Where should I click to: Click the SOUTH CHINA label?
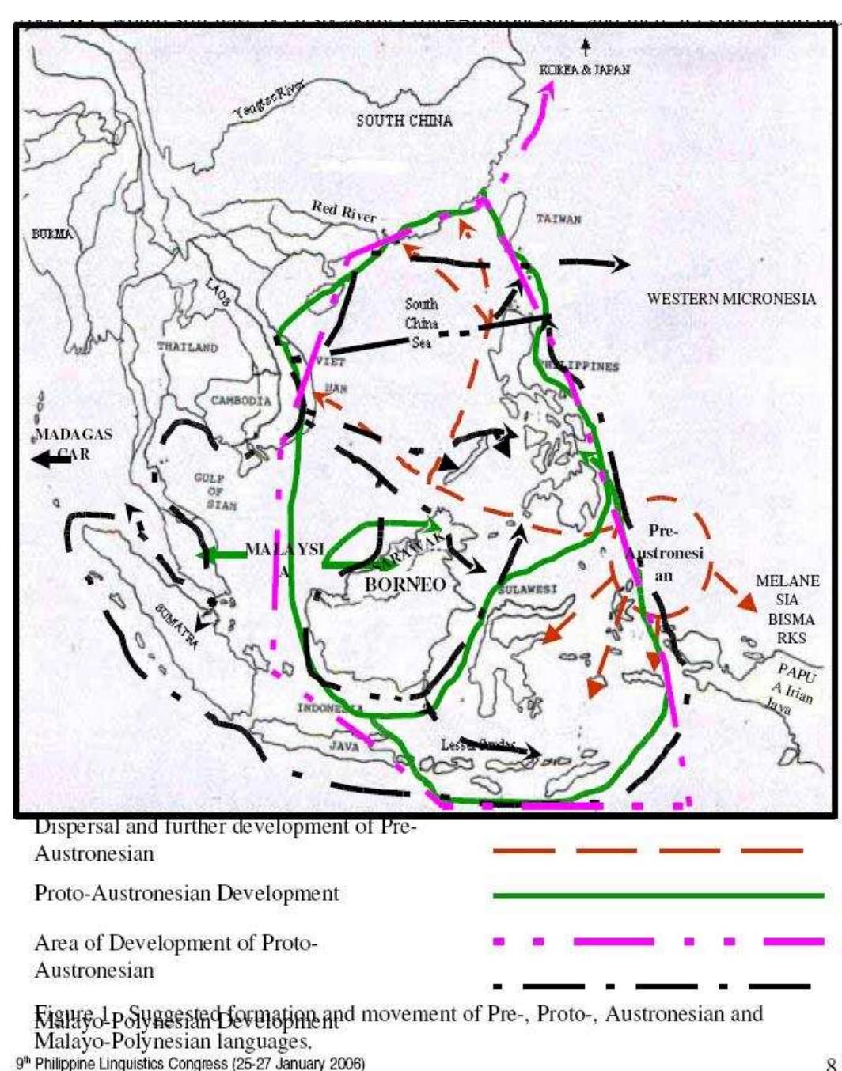coord(404,121)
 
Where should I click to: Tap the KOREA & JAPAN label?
coord(585,70)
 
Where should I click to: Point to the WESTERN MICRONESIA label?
coord(730,299)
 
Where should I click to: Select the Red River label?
coord(343,211)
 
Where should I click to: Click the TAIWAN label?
coord(559,219)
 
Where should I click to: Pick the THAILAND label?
coord(187,346)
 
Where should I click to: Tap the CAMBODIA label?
coord(241,400)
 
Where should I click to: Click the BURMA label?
coord(51,234)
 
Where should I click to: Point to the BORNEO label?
coord(405,585)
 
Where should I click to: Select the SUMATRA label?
coord(176,625)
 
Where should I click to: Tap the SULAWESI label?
coord(528,589)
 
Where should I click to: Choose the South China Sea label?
coord(421,323)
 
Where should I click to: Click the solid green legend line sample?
coord(658,895)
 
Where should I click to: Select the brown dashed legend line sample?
coord(647,852)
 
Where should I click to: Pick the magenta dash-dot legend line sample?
coord(658,941)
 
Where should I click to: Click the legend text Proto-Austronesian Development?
coord(186,894)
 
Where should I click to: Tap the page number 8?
coord(831,1063)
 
